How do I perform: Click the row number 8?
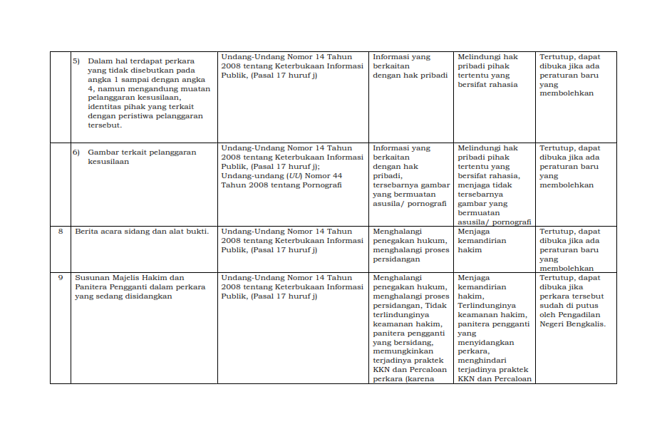(x=61, y=232)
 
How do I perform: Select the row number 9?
(x=61, y=278)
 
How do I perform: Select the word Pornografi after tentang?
(x=322, y=185)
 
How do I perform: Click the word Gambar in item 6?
(x=103, y=152)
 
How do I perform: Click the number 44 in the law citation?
(x=337, y=175)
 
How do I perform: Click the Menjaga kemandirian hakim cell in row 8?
(x=482, y=241)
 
